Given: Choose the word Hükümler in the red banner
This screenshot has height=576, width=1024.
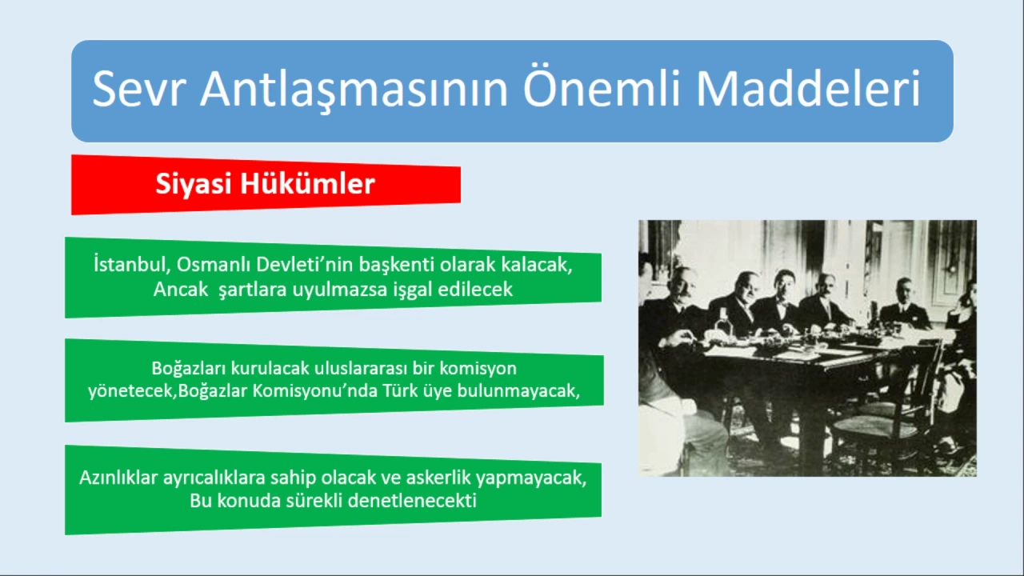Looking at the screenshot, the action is tap(308, 184).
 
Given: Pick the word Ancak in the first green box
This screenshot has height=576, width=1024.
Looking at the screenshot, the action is tap(181, 290).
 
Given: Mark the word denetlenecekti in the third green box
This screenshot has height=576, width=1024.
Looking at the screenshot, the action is tap(412, 501).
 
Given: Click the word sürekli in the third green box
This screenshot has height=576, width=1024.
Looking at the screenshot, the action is tap(314, 501).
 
